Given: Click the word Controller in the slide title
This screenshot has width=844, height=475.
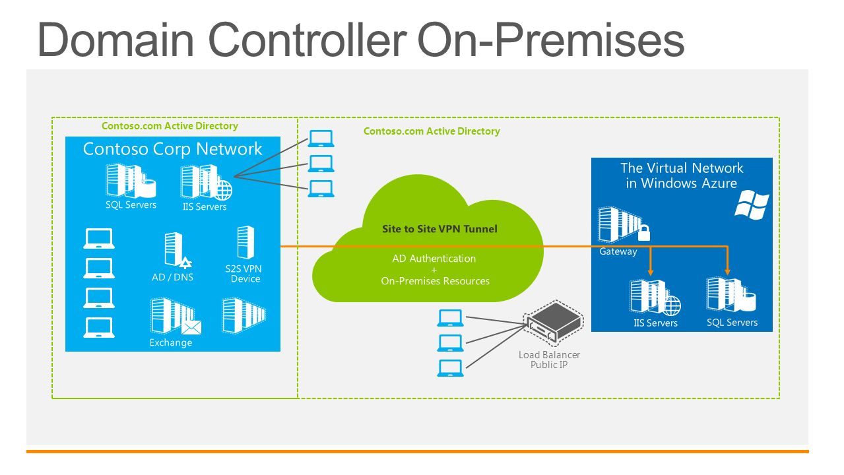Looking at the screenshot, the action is [307, 40].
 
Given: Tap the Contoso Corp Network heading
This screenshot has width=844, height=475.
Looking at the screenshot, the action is [173, 149].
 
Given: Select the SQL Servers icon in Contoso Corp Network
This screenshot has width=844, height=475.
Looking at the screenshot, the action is [131, 181].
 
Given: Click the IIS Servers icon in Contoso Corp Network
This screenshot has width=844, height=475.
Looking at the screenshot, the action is [206, 183].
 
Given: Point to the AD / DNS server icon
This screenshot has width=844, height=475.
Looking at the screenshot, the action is [177, 250].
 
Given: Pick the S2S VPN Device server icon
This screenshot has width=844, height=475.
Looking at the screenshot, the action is [245, 242].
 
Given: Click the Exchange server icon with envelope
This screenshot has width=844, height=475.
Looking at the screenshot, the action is [176, 316].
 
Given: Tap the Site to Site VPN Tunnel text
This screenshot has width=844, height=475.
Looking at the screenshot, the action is [439, 229].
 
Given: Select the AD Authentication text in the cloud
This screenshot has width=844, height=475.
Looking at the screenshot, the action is [434, 259].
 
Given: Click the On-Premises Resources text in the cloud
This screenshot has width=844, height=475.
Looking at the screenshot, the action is [435, 281].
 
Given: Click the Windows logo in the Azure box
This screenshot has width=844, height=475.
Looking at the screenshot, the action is [752, 205].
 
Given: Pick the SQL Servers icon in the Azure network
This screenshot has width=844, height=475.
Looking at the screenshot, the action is [731, 295].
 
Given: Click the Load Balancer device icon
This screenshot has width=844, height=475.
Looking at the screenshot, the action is [554, 323].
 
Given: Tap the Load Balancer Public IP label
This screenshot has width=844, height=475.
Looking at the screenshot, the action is [549, 360].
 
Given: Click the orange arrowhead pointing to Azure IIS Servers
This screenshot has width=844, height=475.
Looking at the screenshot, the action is [651, 272].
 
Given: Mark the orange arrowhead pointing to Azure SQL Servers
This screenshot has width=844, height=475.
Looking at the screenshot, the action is [728, 271].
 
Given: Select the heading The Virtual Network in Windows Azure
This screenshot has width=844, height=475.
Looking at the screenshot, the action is [682, 175].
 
